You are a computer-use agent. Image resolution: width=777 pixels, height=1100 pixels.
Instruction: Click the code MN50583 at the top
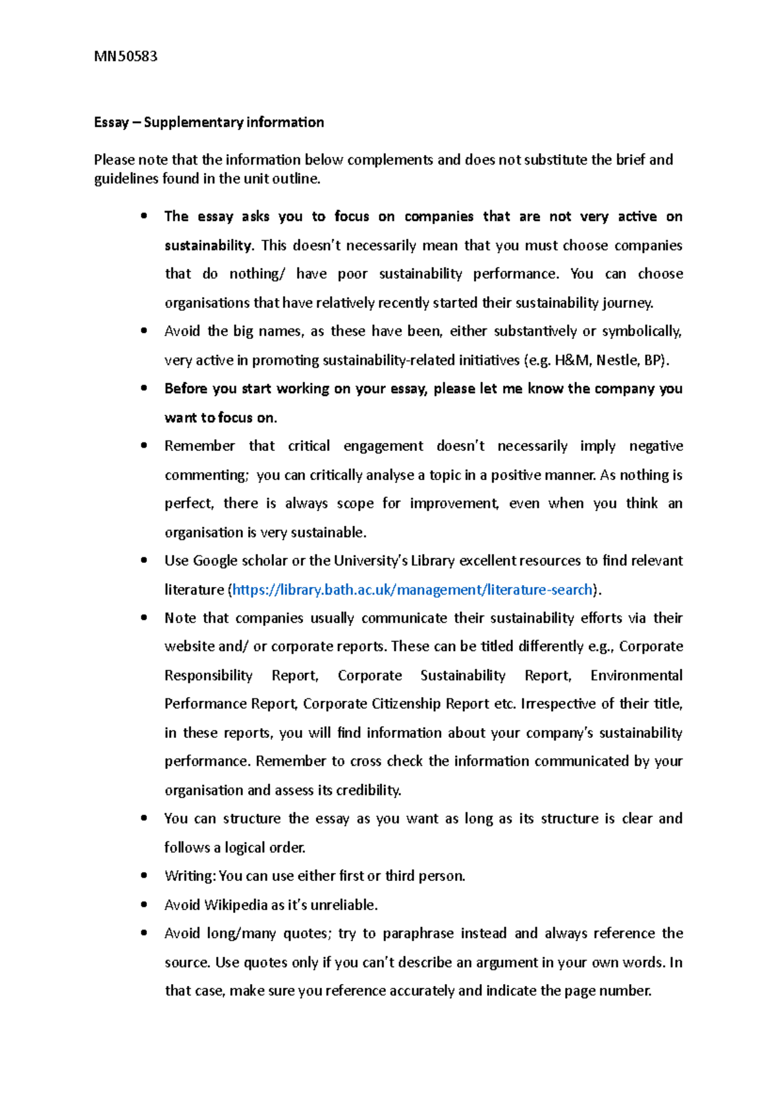(126, 56)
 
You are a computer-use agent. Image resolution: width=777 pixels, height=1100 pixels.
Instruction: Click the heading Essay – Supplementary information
(208, 122)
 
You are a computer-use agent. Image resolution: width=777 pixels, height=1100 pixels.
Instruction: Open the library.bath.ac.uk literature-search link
(412, 590)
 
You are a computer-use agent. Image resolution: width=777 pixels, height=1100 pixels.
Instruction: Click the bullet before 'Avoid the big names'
(144, 331)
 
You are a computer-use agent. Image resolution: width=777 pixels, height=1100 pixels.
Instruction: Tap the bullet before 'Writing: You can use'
(144, 876)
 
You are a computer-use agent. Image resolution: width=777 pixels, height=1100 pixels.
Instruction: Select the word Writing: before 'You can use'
(190, 877)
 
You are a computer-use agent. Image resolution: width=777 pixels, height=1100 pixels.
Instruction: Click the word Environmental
(636, 676)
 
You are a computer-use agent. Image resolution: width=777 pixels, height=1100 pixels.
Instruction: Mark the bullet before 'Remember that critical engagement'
(144, 446)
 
